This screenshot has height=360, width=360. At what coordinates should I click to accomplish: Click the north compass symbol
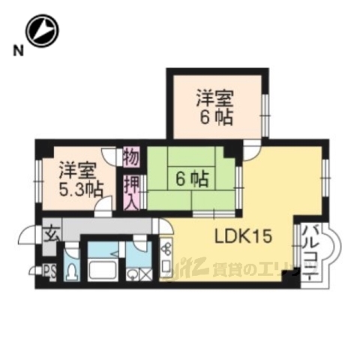click(41, 32)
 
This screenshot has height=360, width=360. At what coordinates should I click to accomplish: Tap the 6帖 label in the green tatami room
click(193, 178)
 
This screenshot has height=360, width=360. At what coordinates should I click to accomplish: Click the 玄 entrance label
click(49, 233)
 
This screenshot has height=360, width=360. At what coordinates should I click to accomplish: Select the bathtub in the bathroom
click(100, 268)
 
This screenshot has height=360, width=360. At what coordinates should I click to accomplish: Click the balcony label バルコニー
click(310, 250)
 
